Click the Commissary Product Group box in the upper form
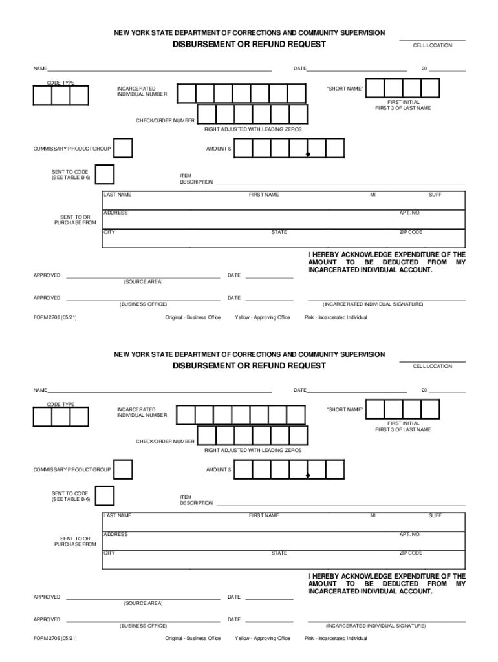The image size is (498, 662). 123,148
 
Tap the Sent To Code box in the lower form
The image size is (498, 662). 104,496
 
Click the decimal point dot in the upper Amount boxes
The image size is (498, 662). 308,154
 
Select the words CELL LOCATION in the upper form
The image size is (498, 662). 433,45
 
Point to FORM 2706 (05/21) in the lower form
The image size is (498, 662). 55,639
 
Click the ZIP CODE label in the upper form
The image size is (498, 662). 411,232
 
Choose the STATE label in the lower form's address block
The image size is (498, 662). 279,553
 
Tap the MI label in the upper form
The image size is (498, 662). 373,195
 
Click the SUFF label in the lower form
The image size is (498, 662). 435,516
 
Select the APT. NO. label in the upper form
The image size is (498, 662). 410,213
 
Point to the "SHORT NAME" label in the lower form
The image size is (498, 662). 345,409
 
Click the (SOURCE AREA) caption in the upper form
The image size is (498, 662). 143,282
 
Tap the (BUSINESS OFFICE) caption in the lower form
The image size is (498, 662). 143,626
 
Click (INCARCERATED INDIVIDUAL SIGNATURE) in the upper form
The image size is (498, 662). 373,304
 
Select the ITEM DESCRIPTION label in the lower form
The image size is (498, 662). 196,500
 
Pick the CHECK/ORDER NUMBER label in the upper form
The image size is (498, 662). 165,121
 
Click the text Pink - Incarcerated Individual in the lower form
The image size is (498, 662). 336,639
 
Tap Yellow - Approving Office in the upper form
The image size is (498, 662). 263,317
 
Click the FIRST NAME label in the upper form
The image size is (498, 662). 264,195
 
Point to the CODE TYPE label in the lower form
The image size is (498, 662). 60,405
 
